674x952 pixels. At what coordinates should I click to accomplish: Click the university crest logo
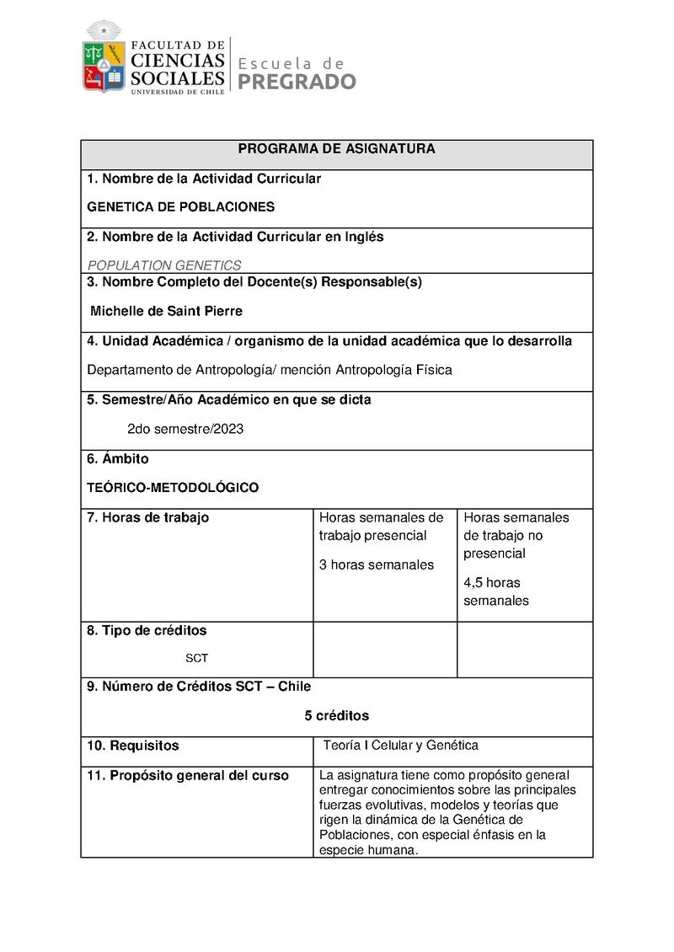point(103,59)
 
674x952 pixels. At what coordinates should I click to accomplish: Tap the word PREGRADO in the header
point(297,82)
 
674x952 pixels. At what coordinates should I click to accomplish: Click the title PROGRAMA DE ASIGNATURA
point(336,149)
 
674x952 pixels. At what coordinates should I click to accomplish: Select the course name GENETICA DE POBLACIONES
point(181,206)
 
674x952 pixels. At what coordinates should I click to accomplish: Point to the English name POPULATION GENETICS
point(164,265)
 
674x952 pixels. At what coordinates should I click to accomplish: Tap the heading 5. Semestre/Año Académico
point(228,400)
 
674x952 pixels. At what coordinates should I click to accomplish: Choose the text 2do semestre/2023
point(185,429)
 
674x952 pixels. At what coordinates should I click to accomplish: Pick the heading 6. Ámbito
point(118,459)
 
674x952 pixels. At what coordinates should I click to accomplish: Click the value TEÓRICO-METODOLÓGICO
point(173,488)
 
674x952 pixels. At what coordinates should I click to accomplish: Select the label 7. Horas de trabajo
point(148,517)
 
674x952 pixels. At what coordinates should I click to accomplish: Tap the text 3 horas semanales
point(377,564)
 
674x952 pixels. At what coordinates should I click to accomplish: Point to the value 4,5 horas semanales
point(496,591)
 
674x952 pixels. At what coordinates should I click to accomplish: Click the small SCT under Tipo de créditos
point(196,658)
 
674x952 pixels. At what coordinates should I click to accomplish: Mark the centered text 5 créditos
point(337,715)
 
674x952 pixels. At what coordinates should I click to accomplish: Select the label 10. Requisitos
point(133,746)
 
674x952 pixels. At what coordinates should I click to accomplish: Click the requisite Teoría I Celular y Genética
point(401,745)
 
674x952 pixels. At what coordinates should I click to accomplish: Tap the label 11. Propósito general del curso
point(188,776)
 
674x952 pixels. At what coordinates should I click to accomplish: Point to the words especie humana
point(368,851)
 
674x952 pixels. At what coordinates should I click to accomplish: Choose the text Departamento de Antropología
point(168,370)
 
